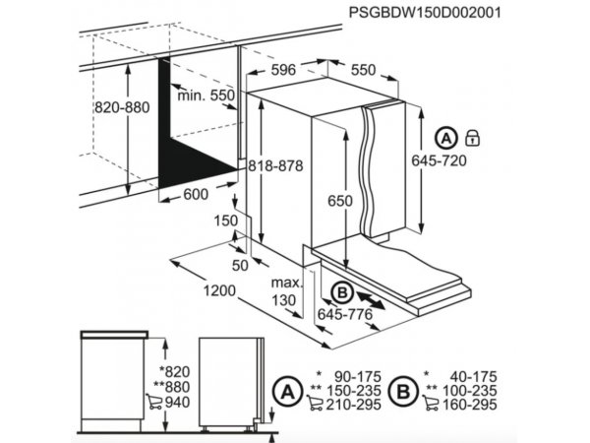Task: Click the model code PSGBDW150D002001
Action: click(x=425, y=13)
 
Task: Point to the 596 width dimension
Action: click(x=283, y=70)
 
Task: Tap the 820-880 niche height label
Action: click(x=122, y=107)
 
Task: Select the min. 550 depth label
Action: click(x=206, y=95)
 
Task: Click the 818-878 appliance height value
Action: click(x=275, y=165)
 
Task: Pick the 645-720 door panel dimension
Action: click(x=439, y=160)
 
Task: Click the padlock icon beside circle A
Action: click(x=473, y=138)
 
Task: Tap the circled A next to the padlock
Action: click(x=446, y=139)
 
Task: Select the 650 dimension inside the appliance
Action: click(x=340, y=201)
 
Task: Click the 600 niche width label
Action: click(x=196, y=194)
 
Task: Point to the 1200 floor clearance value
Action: click(x=219, y=290)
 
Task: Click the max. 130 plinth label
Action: click(x=287, y=291)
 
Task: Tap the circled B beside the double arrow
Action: click(x=342, y=292)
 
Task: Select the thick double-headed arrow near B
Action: click(x=371, y=300)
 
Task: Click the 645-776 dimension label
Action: click(x=345, y=314)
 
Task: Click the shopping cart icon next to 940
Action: click(x=154, y=402)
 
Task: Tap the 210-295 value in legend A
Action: click(x=354, y=405)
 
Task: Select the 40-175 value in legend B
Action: click(x=473, y=376)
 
